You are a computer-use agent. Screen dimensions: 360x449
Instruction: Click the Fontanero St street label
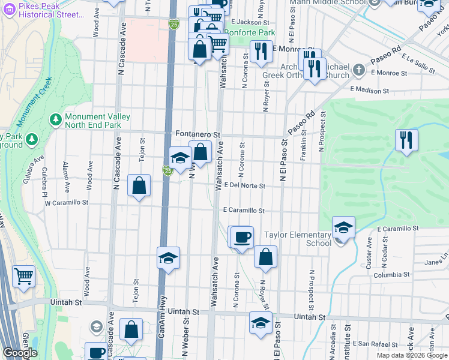(199, 134)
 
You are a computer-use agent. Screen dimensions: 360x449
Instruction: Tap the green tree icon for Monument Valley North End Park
(56, 119)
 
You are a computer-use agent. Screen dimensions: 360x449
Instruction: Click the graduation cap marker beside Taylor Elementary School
(343, 228)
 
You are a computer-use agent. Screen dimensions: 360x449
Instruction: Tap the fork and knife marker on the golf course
(406, 140)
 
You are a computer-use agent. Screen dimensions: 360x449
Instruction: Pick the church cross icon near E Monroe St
(359, 70)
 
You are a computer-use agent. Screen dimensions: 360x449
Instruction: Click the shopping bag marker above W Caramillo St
(139, 186)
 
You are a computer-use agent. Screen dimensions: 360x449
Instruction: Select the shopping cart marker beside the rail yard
(23, 277)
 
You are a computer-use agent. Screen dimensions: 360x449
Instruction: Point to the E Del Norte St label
(245, 186)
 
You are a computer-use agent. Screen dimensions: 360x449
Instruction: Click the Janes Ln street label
(436, 262)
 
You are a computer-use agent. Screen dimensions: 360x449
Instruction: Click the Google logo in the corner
(20, 353)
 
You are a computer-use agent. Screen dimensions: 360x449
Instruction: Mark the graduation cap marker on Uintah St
(261, 323)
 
